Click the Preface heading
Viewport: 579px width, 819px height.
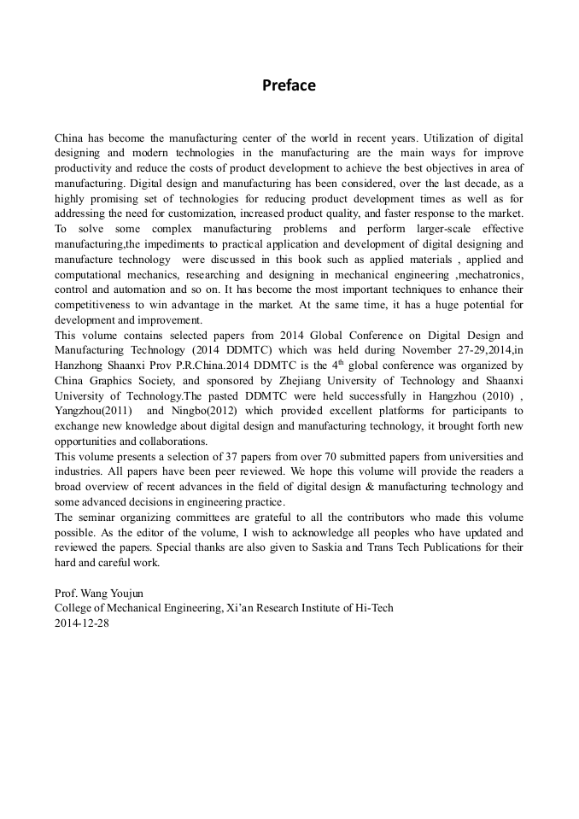click(x=289, y=85)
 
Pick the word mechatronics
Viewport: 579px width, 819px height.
click(x=491, y=275)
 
